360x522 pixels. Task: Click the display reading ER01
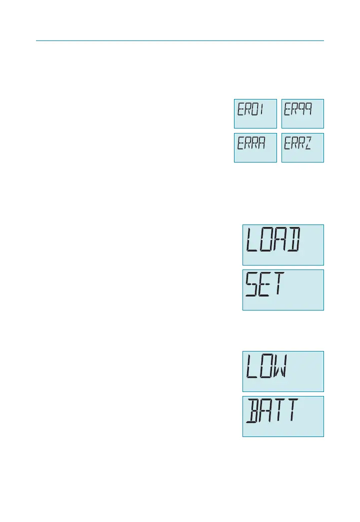pos(255,113)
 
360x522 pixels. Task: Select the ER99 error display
pos(302,113)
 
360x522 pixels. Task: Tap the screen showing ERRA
pos(255,147)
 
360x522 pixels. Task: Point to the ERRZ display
pos(302,147)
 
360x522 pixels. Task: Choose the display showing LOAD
pos(283,244)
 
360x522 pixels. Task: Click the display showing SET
pos(283,290)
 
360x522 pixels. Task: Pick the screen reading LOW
pos(283,371)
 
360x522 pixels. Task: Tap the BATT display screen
pos(283,416)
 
